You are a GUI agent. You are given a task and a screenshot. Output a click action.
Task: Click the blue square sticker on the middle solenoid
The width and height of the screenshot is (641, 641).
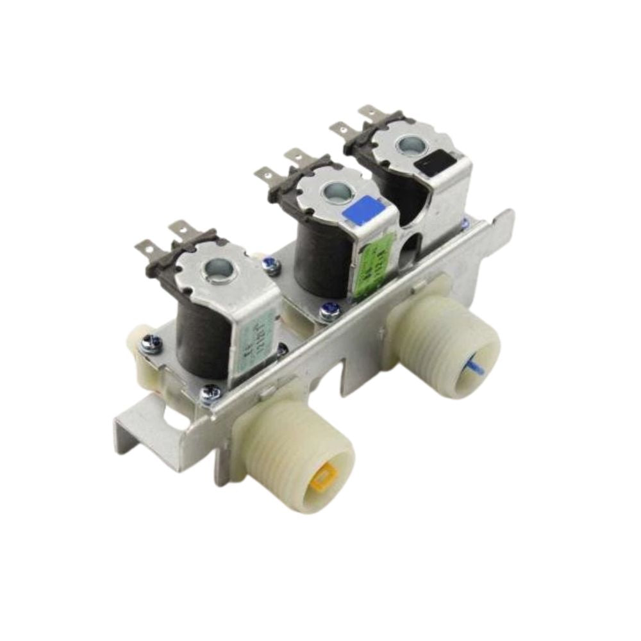point(363,210)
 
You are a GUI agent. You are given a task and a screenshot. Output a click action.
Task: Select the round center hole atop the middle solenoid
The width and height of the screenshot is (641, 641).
point(335,191)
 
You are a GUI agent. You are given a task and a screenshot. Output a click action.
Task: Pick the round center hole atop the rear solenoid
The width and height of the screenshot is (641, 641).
point(408,145)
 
